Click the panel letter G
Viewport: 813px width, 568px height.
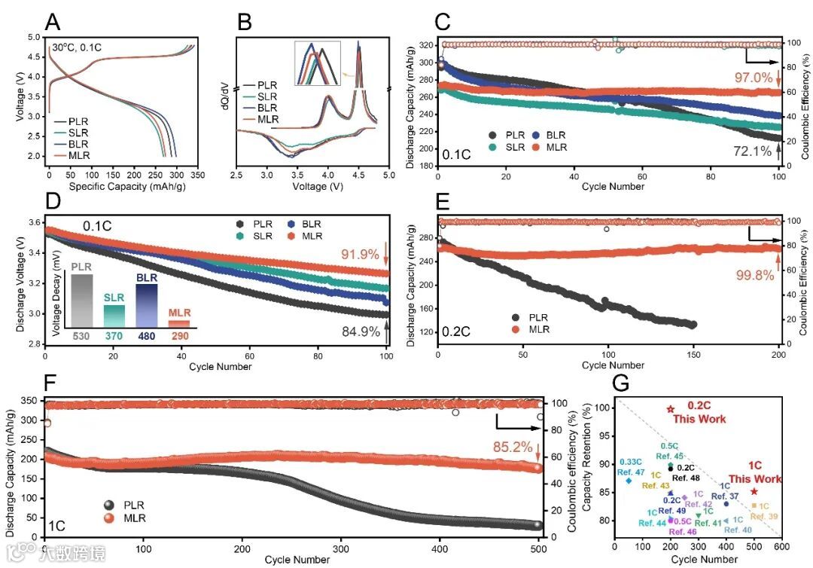click(x=621, y=383)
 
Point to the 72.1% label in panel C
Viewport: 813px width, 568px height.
click(x=752, y=151)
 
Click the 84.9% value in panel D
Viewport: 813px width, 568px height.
click(x=362, y=331)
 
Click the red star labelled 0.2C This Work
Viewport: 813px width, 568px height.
click(x=671, y=409)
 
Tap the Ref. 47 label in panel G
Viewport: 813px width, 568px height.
click(x=630, y=472)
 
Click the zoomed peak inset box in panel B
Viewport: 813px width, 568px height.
click(x=318, y=64)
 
